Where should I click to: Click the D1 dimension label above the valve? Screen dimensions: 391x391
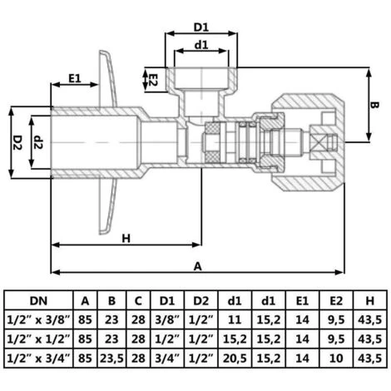click(x=201, y=27)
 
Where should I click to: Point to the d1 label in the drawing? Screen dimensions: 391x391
click(x=201, y=45)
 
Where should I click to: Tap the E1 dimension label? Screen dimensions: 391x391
click(x=75, y=78)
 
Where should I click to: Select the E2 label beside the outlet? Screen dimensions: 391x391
click(x=153, y=80)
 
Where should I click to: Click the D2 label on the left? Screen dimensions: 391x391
click(x=17, y=142)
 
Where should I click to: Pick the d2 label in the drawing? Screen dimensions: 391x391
click(x=38, y=142)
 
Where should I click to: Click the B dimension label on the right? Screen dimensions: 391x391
click(x=374, y=105)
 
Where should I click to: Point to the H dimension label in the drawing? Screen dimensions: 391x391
click(x=126, y=238)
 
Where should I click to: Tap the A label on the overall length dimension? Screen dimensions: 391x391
click(x=197, y=266)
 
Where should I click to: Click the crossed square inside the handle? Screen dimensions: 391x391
click(x=317, y=142)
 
